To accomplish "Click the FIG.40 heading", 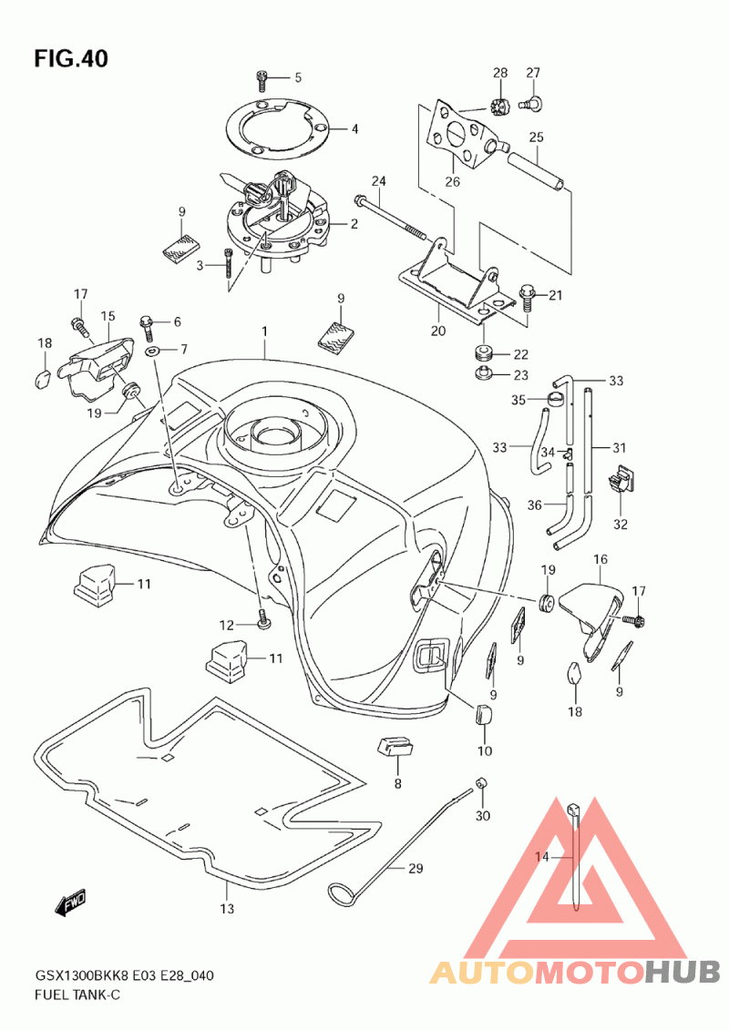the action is [x=71, y=59].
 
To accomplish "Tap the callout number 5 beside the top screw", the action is [x=298, y=78].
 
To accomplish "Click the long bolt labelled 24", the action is [x=392, y=218].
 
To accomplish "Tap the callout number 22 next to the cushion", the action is [x=520, y=355].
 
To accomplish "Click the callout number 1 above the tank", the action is [x=264, y=332].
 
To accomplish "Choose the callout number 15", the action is [x=108, y=317].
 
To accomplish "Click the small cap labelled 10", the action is [x=483, y=715].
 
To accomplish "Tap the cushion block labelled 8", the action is [x=395, y=747].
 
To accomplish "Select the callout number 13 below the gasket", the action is [x=227, y=909].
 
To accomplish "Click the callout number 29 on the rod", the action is [x=416, y=869].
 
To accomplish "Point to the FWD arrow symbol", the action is [x=70, y=906].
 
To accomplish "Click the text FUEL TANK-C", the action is [x=77, y=994].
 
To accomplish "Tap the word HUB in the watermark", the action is [x=682, y=973].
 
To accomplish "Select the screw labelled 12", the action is [x=263, y=618].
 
